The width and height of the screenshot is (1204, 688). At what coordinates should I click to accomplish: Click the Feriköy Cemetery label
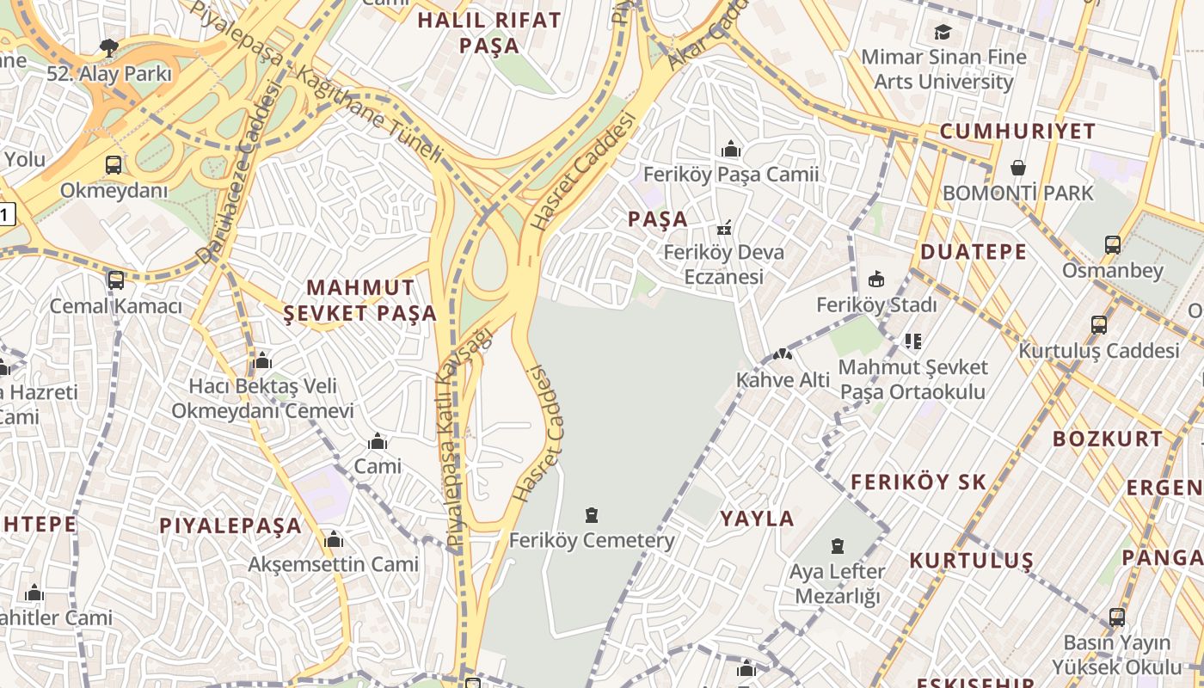(592, 541)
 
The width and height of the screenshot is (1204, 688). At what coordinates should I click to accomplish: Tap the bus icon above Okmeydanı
(113, 165)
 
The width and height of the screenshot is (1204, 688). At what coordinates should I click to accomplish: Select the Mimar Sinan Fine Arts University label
(943, 70)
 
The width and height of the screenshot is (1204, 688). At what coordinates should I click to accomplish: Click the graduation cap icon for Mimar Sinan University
(943, 33)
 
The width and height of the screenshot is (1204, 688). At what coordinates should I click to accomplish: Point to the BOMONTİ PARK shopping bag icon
(1018, 167)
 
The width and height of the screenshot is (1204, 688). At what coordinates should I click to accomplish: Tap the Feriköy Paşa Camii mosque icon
(731, 150)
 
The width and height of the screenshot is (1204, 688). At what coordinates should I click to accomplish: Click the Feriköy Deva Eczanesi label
(723, 265)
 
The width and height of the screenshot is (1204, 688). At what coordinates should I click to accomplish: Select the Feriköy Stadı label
(875, 305)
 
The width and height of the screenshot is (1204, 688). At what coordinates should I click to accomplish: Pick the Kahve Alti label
(783, 380)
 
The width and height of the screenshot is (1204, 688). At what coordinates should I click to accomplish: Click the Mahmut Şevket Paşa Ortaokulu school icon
(912, 341)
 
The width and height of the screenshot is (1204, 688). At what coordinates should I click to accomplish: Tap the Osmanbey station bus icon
(1113, 245)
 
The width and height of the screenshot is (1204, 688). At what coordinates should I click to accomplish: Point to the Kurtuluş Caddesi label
(1098, 351)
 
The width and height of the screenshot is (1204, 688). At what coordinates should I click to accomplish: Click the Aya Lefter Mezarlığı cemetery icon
(837, 546)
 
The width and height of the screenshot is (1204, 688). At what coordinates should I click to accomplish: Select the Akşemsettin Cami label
(333, 565)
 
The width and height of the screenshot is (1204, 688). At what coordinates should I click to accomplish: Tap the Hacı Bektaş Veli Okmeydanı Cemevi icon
(262, 360)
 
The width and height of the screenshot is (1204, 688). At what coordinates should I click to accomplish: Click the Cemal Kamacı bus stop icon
(115, 280)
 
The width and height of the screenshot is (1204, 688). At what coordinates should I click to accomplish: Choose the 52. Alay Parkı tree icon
(108, 47)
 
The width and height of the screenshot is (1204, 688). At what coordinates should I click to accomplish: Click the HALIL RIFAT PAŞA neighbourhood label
(488, 33)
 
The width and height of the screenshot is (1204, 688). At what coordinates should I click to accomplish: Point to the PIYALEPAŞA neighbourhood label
(230, 526)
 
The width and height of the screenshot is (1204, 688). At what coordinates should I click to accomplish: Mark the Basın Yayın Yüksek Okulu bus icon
(1116, 617)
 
